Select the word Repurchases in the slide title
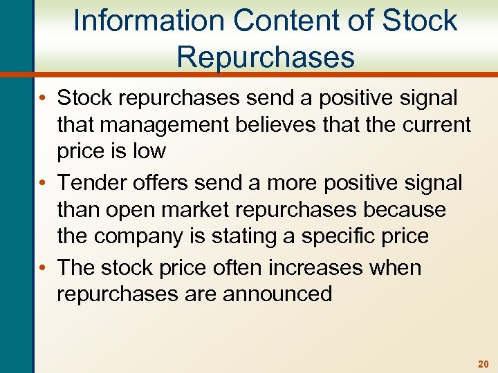pyautogui.click(x=266, y=57)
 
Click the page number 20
pyautogui.click(x=482, y=363)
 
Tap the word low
pyautogui.click(x=149, y=151)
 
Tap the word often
pyautogui.click(x=232, y=267)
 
